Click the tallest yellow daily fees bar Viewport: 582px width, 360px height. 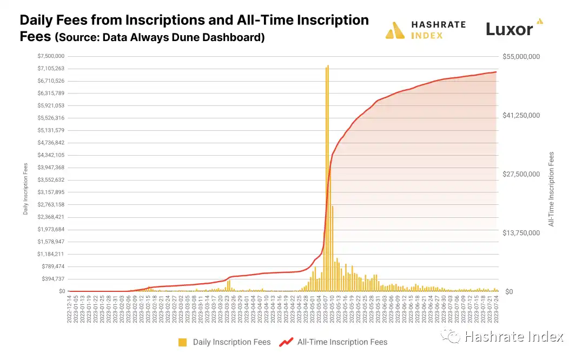point(327,178)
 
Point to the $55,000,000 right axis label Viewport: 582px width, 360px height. point(521,56)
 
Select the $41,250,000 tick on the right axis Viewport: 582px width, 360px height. point(521,115)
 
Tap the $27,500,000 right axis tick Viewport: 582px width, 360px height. point(521,174)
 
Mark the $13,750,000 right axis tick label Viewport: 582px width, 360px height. point(521,233)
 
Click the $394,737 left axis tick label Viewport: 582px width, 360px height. point(51,279)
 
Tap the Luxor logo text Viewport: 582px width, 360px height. point(509,29)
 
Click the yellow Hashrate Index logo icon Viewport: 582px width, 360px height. point(395,30)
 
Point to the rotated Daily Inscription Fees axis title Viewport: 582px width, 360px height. point(25,188)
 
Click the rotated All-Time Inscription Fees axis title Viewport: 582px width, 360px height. point(552,188)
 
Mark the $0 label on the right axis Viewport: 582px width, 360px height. point(509,292)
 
